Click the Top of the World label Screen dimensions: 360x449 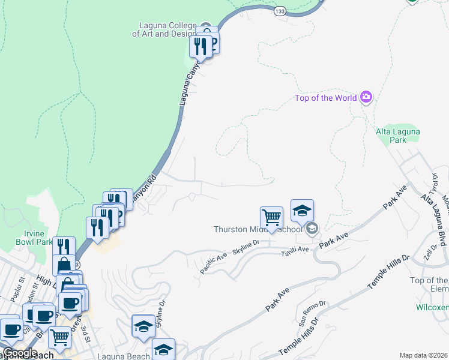pyautogui.click(x=326, y=98)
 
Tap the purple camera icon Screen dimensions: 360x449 pyautogui.click(x=366, y=97)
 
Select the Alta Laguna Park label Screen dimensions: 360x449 pyautogui.click(x=397, y=136)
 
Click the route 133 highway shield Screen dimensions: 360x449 pyautogui.click(x=279, y=11)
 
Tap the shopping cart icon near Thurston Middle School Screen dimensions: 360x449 pyautogui.click(x=272, y=218)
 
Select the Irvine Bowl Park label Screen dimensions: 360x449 pyautogui.click(x=34, y=238)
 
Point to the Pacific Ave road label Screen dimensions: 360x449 pyautogui.click(x=214, y=264)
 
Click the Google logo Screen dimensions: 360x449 pyautogui.click(x=19, y=352)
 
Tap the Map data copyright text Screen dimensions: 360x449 pyautogui.click(x=423, y=355)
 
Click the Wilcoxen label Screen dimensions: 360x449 pyautogui.click(x=432, y=307)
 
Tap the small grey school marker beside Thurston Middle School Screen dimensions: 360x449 pyautogui.click(x=312, y=229)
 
